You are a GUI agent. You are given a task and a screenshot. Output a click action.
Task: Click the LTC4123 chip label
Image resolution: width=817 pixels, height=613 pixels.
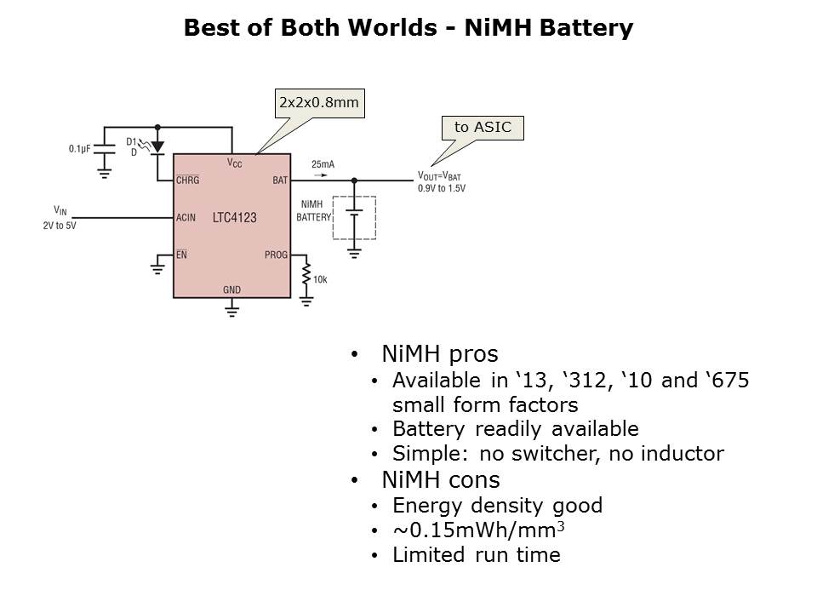click(x=234, y=218)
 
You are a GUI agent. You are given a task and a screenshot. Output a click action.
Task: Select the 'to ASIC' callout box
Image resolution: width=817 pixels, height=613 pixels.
click(x=483, y=128)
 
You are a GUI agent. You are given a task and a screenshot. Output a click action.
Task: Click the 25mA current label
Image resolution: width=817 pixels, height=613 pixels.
click(x=323, y=164)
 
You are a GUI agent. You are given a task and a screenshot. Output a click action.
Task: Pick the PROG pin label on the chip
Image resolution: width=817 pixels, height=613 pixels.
click(x=277, y=255)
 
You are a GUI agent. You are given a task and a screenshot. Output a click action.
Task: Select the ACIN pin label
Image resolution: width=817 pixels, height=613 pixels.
click(x=186, y=218)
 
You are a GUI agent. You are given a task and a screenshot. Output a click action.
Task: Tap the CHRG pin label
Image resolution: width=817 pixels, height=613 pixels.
click(x=187, y=180)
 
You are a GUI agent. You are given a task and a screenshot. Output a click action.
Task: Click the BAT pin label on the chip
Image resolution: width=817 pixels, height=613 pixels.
click(x=280, y=180)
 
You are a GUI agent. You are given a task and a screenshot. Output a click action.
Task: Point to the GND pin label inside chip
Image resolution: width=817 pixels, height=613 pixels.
click(x=231, y=289)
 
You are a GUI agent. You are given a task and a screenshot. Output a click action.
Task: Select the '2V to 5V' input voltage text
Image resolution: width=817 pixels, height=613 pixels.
click(x=59, y=226)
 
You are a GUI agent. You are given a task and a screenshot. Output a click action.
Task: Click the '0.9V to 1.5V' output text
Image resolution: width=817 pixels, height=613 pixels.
click(x=442, y=188)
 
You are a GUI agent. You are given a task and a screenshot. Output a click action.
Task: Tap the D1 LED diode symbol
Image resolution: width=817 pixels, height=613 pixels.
click(x=157, y=147)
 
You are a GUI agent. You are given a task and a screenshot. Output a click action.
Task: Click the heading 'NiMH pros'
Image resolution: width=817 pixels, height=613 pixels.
click(x=439, y=353)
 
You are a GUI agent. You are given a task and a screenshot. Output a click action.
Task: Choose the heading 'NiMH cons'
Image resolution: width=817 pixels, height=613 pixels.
click(x=440, y=479)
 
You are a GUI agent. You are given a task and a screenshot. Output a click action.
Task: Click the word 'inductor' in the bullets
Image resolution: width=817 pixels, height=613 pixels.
click(x=683, y=454)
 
